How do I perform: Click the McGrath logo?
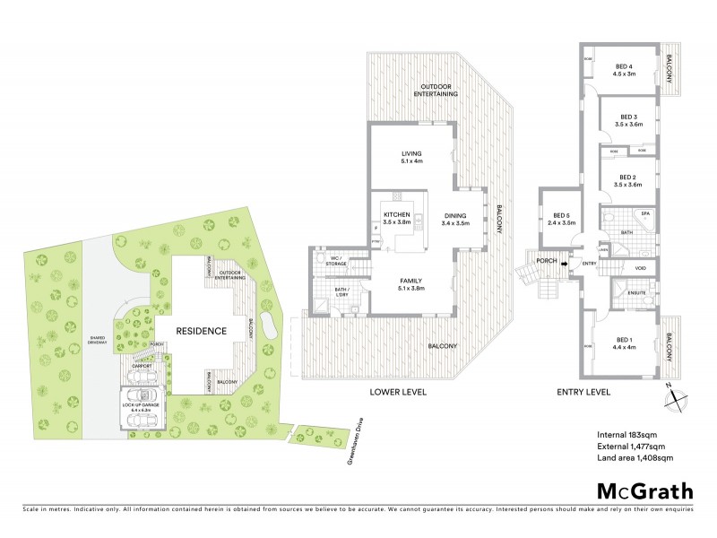(x=644, y=490)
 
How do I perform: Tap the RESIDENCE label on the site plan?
(x=201, y=331)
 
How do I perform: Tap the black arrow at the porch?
(x=566, y=263)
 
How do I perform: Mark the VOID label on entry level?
(x=640, y=267)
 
